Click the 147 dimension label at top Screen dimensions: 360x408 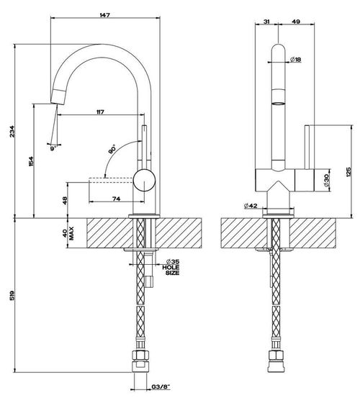coord(104,15)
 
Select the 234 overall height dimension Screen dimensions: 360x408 coord(12,132)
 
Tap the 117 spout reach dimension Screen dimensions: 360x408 coord(100,112)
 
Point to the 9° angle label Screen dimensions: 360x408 coord(53,148)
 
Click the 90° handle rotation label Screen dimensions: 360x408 coord(112,150)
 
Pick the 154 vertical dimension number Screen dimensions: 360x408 coord(31,161)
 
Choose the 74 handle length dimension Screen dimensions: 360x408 coord(116,199)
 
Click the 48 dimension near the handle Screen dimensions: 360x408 coord(65,200)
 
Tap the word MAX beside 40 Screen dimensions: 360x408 coord(71,233)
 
